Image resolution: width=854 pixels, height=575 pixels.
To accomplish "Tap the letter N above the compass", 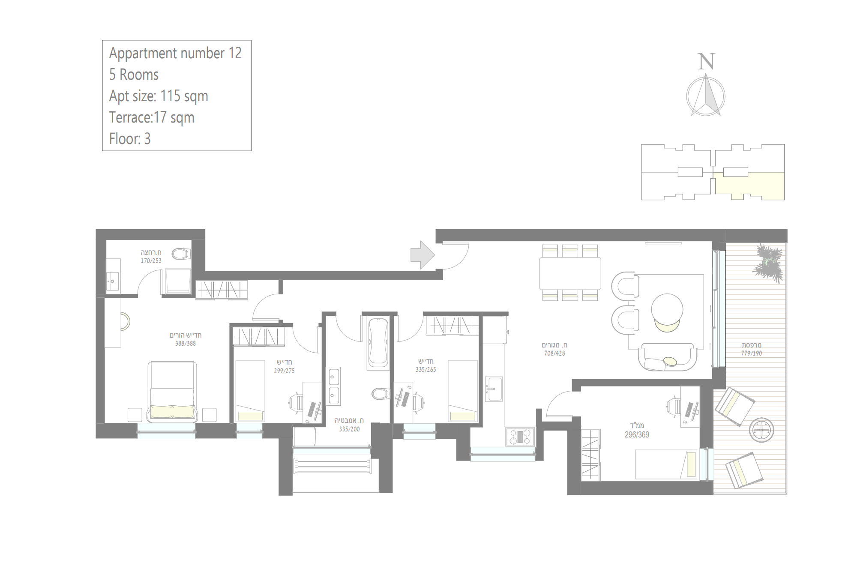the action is pos(706,62).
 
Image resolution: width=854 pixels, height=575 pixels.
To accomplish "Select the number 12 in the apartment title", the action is pos(235,53).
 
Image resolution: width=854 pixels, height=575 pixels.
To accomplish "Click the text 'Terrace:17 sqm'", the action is pos(152,117).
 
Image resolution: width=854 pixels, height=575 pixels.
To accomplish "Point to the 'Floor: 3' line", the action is pos(130,139).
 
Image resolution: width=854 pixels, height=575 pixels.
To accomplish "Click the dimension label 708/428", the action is pos(554,353).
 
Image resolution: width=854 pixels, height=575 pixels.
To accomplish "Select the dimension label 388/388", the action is pos(185,343).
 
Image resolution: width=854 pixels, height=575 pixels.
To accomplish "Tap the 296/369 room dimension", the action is pos(637,434).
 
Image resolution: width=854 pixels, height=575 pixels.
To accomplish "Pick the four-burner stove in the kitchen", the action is pos(520,437).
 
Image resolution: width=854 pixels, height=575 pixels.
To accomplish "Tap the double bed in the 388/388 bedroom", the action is pos(172,391).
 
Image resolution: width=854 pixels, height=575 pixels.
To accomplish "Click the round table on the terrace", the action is pos(761,430).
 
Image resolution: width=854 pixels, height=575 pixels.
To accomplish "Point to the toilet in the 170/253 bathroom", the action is pos(181,254).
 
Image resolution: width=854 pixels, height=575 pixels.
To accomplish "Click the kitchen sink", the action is pos(494,389).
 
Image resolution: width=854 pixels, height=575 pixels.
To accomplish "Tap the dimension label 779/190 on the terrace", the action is pos(752,353).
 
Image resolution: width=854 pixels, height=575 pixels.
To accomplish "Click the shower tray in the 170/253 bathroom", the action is pos(176,281).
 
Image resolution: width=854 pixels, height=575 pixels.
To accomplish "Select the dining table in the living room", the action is pos(570,273).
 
